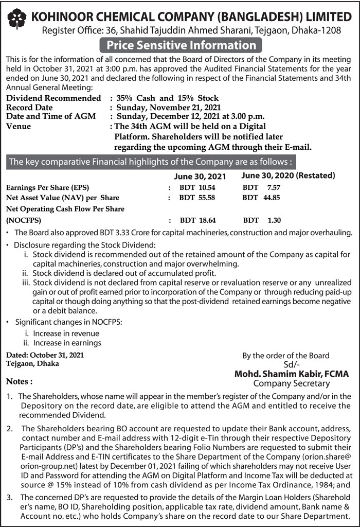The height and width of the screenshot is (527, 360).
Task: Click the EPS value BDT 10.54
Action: click(x=197, y=187)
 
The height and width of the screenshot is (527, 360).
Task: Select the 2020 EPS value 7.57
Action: click(x=261, y=187)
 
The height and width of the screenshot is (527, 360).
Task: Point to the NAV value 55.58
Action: click(x=197, y=198)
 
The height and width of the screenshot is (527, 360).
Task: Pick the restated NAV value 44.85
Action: click(x=262, y=198)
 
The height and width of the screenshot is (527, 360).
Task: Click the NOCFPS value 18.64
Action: click(x=197, y=220)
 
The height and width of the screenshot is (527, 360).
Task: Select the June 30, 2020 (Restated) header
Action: click(x=288, y=175)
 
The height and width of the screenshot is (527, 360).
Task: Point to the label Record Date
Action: click(x=29, y=108)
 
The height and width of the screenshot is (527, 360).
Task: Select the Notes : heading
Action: click(x=19, y=382)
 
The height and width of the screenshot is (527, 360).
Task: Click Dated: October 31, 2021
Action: click(x=44, y=355)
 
